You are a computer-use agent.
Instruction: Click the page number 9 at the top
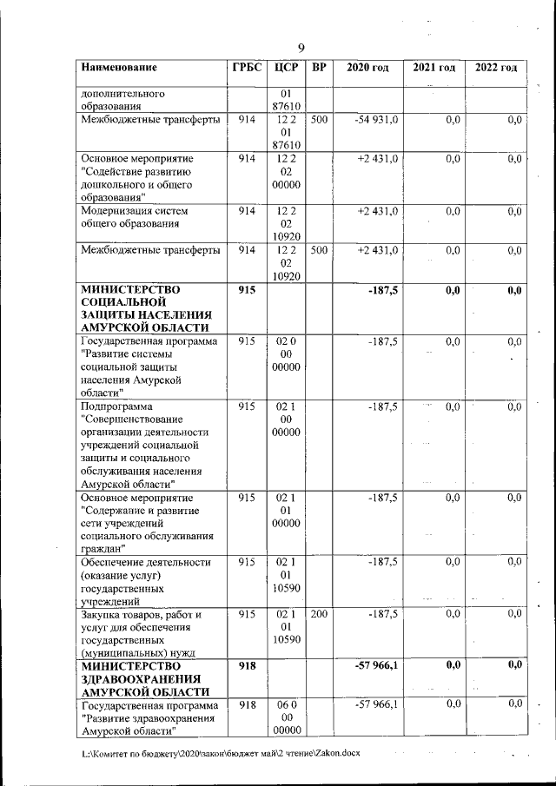pos(301,48)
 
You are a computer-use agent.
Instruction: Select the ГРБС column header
pos(246,68)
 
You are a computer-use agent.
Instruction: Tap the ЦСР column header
pos(286,68)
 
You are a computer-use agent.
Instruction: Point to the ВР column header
pos(318,68)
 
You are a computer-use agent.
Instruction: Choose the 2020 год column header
pos(367,68)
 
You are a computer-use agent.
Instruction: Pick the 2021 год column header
pos(434,68)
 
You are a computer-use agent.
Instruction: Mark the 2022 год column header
pos(495,68)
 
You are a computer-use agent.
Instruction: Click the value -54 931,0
pos(376,120)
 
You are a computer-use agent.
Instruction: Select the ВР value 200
pos(318,614)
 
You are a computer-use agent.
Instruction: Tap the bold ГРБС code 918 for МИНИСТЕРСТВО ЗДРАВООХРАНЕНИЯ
pos(246,665)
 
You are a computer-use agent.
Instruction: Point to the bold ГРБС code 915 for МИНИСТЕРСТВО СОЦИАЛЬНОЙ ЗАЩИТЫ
pos(246,290)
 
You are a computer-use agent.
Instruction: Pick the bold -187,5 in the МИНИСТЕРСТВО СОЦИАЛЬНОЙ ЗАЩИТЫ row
pos(382,290)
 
